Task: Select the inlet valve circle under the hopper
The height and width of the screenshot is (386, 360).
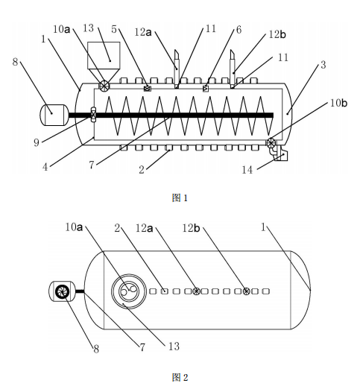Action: pyautogui.click(x=104, y=86)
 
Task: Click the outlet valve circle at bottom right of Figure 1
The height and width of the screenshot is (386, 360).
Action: pyautogui.click(x=271, y=142)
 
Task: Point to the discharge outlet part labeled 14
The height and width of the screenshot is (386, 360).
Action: pyautogui.click(x=280, y=154)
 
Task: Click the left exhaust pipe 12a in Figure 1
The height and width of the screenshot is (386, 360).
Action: pyautogui.click(x=177, y=69)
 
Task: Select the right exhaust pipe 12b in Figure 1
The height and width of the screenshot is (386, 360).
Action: pyautogui.click(x=233, y=69)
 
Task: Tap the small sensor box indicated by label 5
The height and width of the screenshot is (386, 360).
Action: pyautogui.click(x=148, y=88)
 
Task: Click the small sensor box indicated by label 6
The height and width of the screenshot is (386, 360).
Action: pyautogui.click(x=206, y=89)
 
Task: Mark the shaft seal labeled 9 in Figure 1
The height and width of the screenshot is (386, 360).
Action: pyautogui.click(x=93, y=115)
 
